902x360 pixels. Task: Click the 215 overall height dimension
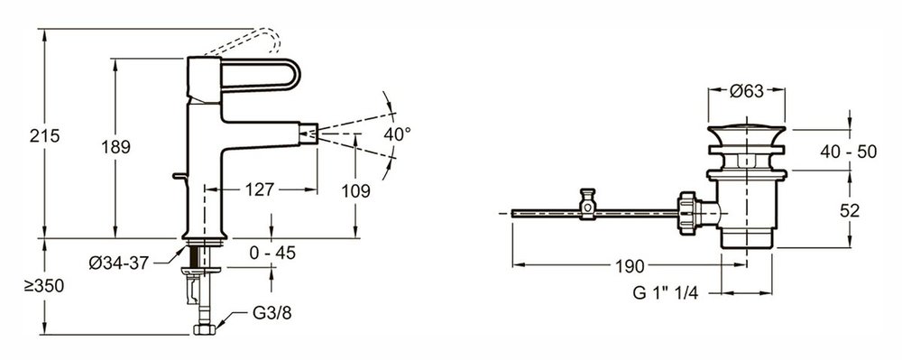45,136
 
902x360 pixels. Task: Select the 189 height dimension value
116,147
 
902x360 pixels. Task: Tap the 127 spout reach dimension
260,189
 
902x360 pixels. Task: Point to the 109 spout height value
355,191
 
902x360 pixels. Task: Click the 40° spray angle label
398,134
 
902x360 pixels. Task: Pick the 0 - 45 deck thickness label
272,253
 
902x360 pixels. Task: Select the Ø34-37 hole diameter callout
119,263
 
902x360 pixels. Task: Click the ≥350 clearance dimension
44,286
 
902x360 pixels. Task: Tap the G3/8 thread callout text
272,313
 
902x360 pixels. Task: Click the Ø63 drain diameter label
746,91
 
